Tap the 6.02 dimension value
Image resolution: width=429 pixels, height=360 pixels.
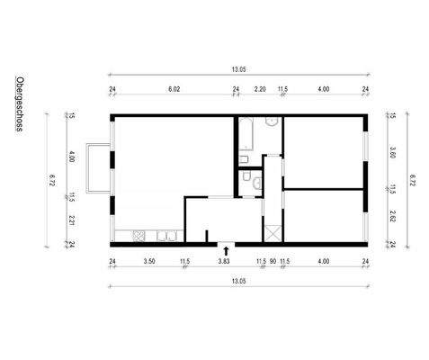(174, 89)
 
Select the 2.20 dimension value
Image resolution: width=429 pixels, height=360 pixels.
(260, 89)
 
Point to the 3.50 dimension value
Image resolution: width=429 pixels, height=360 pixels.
(150, 262)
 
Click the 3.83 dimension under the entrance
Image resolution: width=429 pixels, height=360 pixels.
(224, 262)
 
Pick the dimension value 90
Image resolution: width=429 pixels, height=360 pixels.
(273, 262)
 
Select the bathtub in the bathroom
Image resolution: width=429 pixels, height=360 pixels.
(246, 134)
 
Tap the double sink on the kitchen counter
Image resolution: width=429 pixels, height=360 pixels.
(166, 237)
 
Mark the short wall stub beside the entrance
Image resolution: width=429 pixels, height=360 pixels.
(207, 237)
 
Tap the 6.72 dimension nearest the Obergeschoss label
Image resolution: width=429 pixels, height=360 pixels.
(52, 184)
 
